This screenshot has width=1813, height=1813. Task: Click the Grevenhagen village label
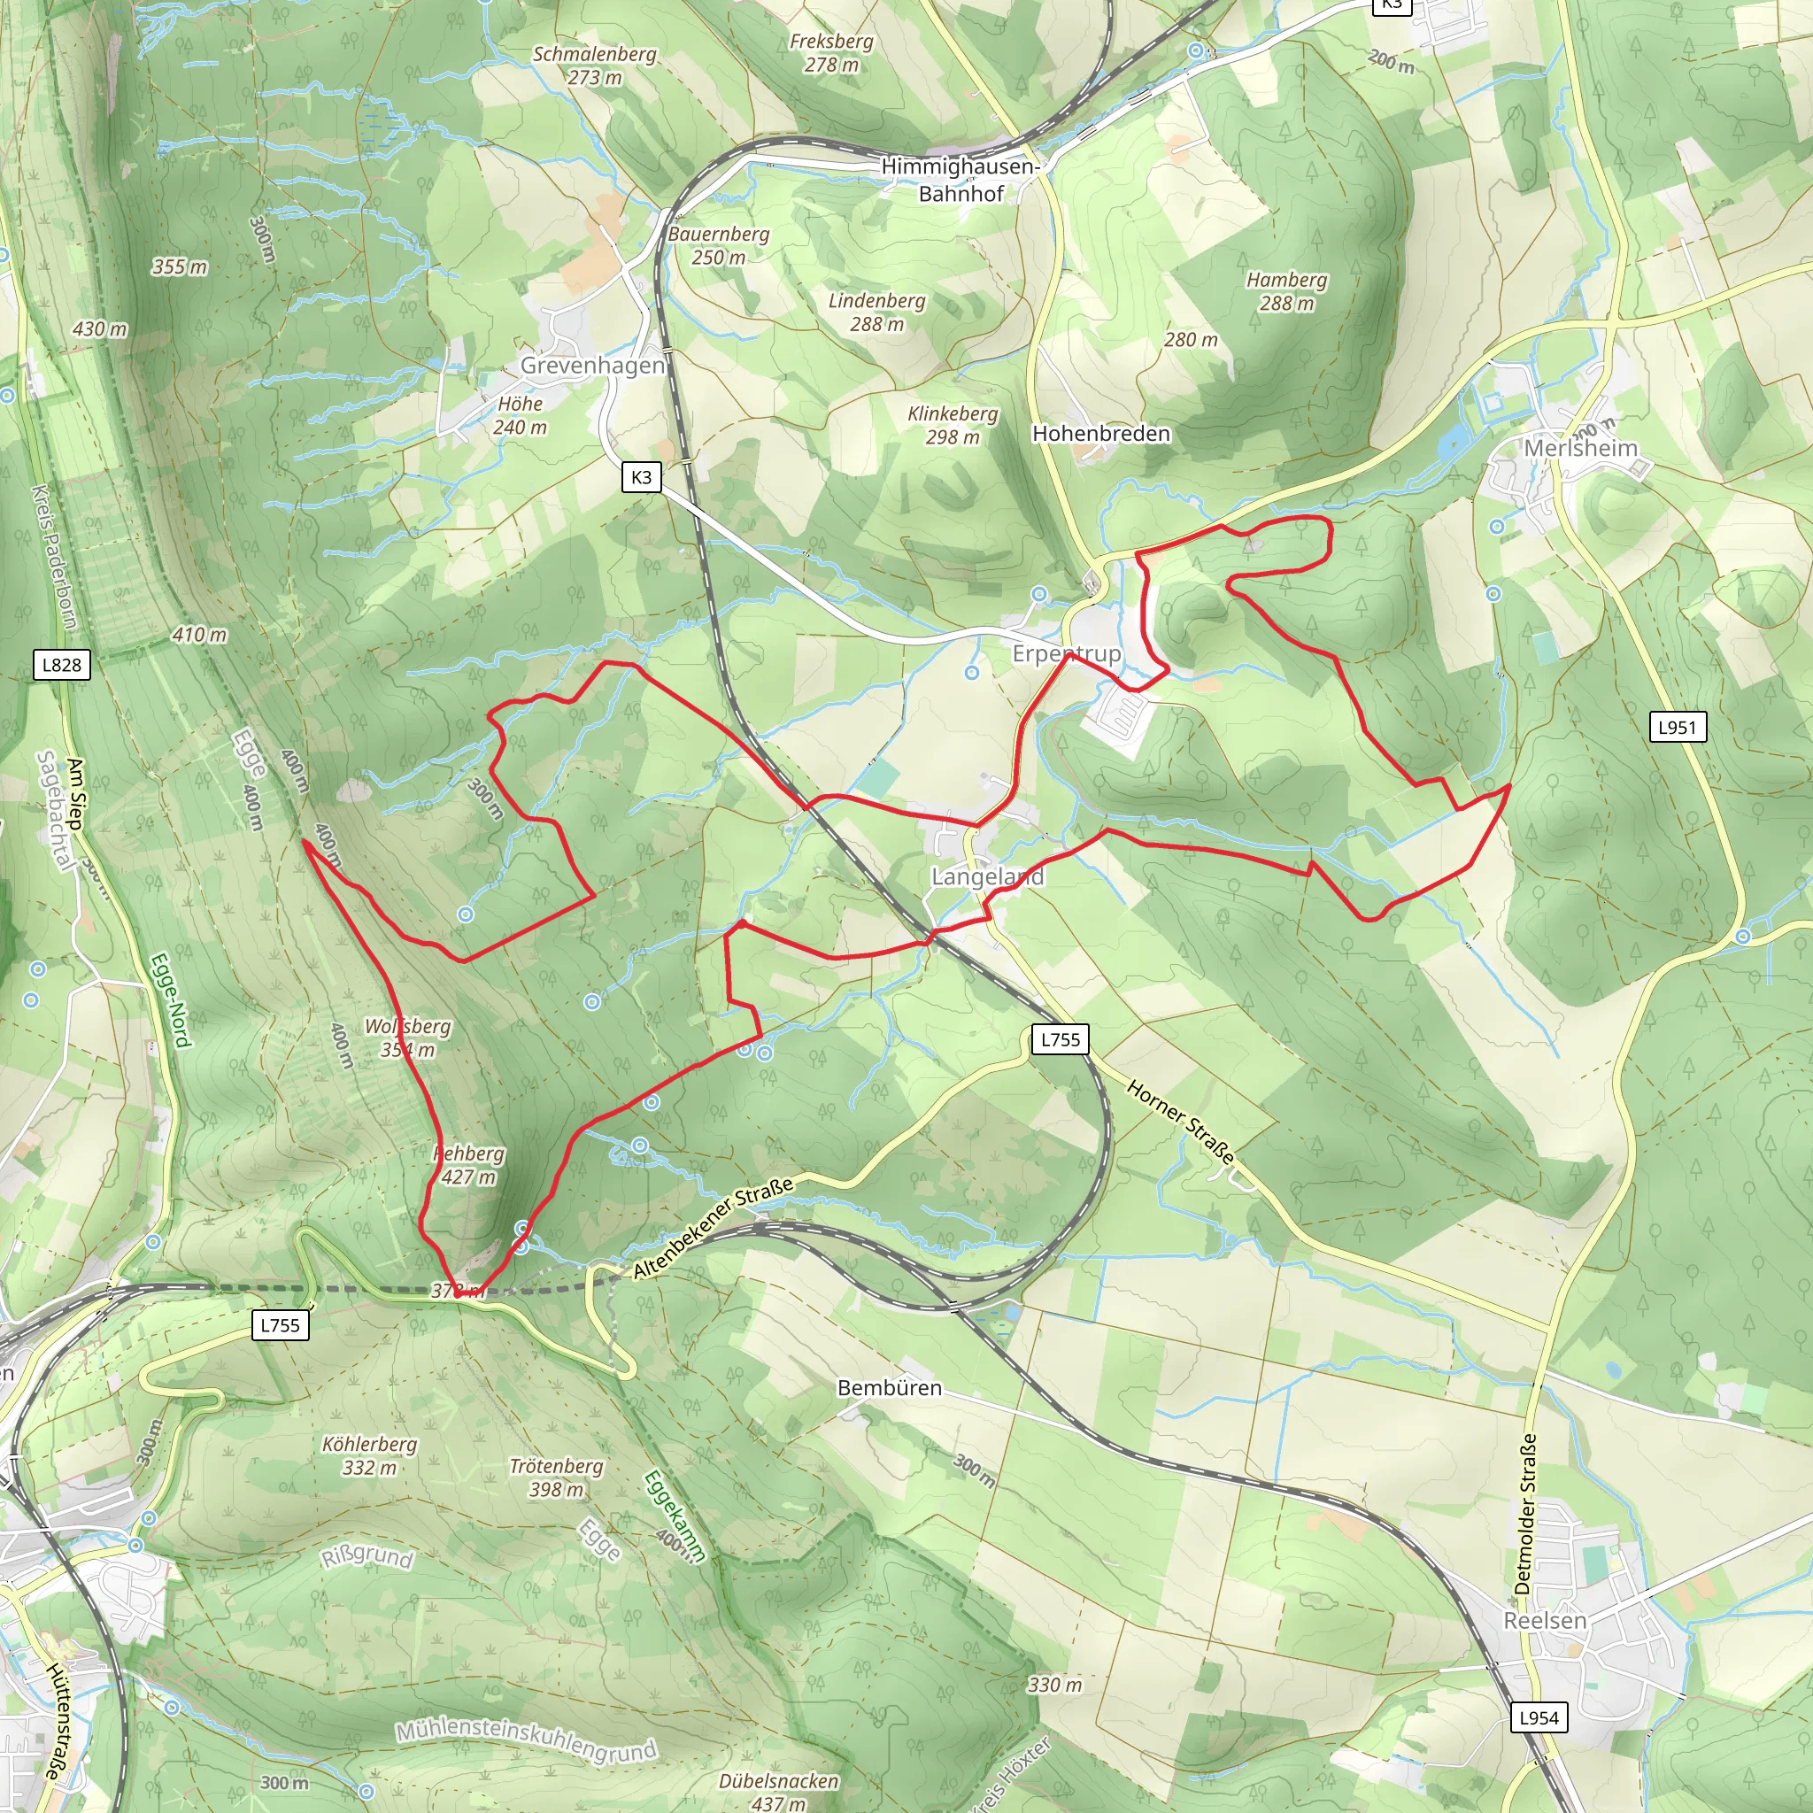pyautogui.click(x=592, y=365)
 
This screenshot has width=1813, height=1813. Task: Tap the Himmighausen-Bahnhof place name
pyautogui.click(x=960, y=181)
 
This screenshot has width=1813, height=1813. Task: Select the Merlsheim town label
pyautogui.click(x=1580, y=449)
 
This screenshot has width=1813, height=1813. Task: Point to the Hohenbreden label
pyautogui.click(x=1100, y=434)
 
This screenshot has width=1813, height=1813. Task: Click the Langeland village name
pyautogui.click(x=987, y=876)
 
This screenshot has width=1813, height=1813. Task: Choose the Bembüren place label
pyautogui.click(x=889, y=1388)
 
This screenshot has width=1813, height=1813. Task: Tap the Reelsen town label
pyautogui.click(x=1545, y=1621)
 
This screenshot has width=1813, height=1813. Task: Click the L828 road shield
pyautogui.click(x=62, y=665)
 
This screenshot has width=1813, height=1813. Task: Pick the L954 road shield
pyautogui.click(x=1539, y=1717)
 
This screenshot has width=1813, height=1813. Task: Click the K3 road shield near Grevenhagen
pyautogui.click(x=641, y=477)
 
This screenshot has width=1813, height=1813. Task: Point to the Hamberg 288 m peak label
pyautogui.click(x=1286, y=291)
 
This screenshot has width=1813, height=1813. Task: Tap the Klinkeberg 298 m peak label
pyautogui.click(x=953, y=425)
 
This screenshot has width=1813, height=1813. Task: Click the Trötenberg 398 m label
pyautogui.click(x=556, y=1477)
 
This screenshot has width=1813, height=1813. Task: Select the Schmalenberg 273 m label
pyautogui.click(x=594, y=66)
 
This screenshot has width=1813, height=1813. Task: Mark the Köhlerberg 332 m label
pyautogui.click(x=369, y=1455)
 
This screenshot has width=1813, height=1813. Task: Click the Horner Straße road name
pyautogui.click(x=1179, y=1122)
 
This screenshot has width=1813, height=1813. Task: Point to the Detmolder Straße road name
pyautogui.click(x=1525, y=1513)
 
